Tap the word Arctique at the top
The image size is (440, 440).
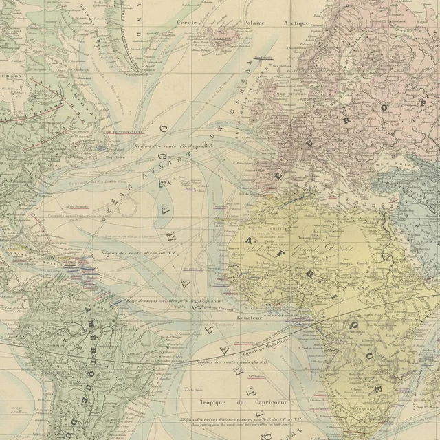click(297, 22)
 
